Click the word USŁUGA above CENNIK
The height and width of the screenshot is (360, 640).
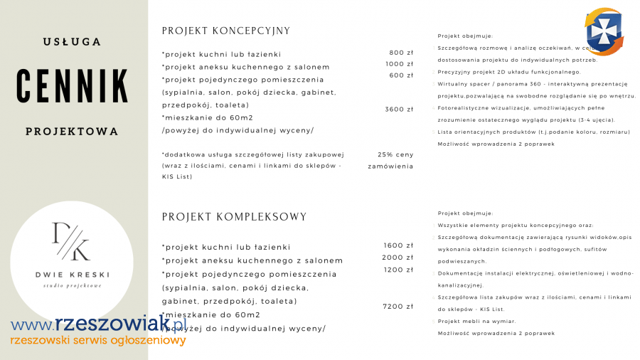(72, 42)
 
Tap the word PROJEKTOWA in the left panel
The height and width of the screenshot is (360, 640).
(72, 132)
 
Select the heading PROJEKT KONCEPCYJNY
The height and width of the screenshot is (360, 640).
(226, 31)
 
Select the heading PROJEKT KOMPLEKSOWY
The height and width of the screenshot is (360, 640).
(234, 217)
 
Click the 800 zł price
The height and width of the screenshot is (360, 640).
(401, 53)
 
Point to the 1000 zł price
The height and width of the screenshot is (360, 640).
(399, 64)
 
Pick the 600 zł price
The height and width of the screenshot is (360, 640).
(401, 75)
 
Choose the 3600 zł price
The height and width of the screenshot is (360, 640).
(399, 110)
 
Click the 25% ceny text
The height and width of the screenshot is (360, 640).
(395, 154)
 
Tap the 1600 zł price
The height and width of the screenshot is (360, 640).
(398, 245)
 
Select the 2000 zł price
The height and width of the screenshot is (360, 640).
(398, 258)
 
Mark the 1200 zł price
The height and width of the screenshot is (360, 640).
(398, 270)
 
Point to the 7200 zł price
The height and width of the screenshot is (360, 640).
(398, 307)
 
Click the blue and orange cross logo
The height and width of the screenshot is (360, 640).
(604, 31)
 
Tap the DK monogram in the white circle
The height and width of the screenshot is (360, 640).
(71, 240)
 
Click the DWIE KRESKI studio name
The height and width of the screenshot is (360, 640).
(72, 275)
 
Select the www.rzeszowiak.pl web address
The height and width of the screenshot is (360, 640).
(97, 325)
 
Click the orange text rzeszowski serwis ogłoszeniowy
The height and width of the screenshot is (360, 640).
(98, 341)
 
